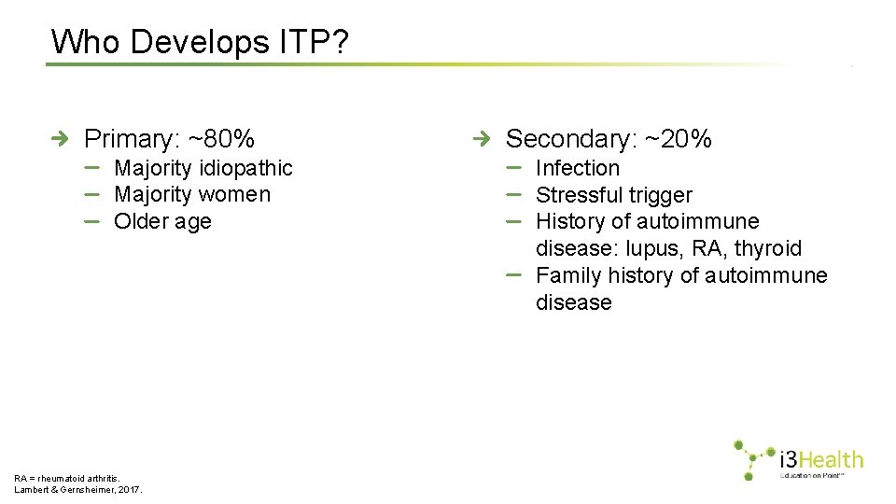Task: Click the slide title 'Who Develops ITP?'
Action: (x=201, y=42)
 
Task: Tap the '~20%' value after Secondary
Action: (x=679, y=139)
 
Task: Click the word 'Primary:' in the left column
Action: (x=133, y=139)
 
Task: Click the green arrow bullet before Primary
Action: (x=61, y=139)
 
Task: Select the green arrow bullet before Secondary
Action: (x=482, y=139)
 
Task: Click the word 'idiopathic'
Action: (x=244, y=168)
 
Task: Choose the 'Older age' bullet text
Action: (x=162, y=222)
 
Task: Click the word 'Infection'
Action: (x=578, y=168)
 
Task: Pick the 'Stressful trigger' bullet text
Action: (x=613, y=195)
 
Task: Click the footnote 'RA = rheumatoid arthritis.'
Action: (x=67, y=478)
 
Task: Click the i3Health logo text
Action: (x=820, y=459)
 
